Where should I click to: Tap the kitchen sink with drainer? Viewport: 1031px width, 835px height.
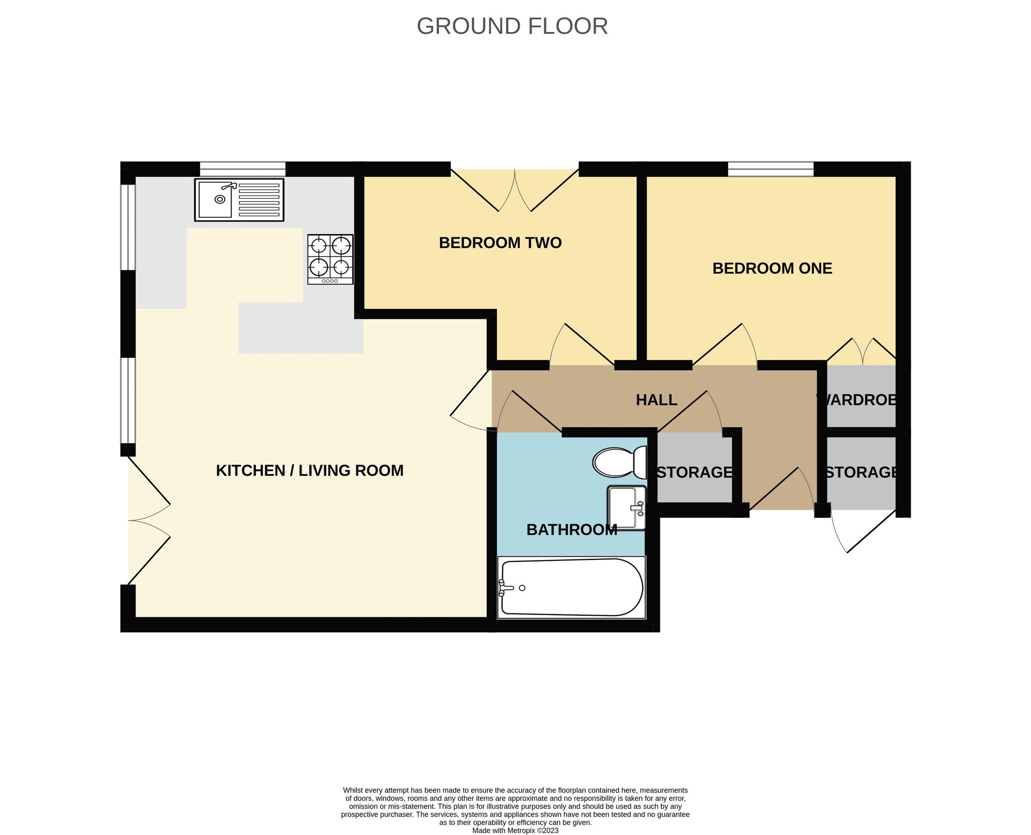point(239,199)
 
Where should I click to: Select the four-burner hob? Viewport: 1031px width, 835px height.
point(330,259)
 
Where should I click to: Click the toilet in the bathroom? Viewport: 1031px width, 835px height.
point(619,462)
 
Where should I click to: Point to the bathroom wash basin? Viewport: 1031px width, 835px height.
point(626,507)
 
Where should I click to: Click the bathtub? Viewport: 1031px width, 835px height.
point(571,587)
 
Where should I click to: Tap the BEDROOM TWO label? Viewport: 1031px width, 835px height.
point(500,243)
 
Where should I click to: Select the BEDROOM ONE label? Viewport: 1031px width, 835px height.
point(772,268)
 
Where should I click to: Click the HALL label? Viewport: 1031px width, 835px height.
point(656,400)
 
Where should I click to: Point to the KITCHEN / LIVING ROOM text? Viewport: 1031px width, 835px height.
point(309,470)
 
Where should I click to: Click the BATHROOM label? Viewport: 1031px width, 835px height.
point(572,530)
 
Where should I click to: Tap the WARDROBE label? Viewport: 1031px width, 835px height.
point(857,400)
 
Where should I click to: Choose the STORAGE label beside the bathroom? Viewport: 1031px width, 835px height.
point(694,472)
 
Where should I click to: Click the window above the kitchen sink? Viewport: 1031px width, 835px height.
point(243,169)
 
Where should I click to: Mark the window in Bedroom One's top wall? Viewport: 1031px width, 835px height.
point(770,169)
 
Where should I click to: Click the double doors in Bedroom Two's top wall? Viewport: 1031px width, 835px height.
point(514,190)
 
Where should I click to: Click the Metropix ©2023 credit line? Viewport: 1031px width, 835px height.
point(515,830)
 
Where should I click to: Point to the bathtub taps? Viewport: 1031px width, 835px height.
point(503,588)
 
